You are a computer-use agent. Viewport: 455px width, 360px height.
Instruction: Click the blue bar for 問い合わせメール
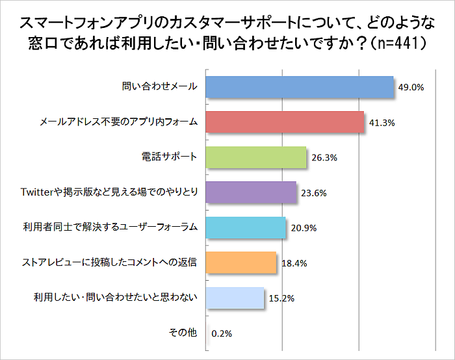click(300, 87)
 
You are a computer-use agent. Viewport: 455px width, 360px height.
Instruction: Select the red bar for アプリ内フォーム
click(285, 122)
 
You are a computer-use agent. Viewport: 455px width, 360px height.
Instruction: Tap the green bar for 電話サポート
click(255, 157)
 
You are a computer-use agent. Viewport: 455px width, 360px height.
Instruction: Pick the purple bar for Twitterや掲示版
click(251, 192)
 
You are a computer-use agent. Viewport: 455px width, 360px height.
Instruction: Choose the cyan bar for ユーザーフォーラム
click(246, 227)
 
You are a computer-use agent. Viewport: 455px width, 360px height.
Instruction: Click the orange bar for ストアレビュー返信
click(241, 263)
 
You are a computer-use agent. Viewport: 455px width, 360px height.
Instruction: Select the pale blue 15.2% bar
click(235, 298)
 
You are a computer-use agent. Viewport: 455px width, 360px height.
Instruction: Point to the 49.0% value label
click(411, 87)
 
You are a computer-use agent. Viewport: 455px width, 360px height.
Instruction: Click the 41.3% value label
click(382, 122)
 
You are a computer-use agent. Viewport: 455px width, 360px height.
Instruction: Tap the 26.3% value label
click(324, 157)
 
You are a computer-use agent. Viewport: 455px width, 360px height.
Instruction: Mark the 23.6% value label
click(314, 192)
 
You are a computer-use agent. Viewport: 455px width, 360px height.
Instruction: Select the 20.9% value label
click(304, 227)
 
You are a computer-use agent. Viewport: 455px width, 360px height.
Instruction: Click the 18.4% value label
click(294, 263)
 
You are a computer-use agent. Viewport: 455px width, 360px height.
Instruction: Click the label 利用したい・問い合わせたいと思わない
click(115, 298)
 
